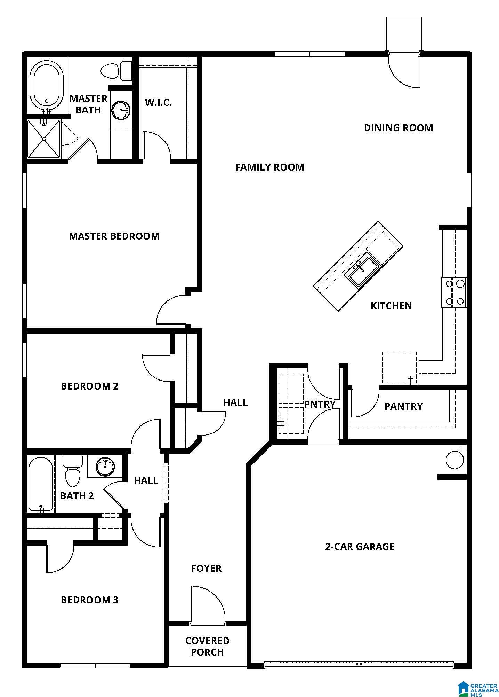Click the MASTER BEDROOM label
coord(114,236)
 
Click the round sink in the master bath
coord(121,110)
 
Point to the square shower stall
coord(44,139)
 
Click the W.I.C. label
coord(158,102)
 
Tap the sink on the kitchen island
coord(359,272)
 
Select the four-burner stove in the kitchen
coord(454,292)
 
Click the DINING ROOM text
coord(399,128)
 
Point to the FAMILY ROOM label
coord(269,167)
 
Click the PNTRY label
coord(320,404)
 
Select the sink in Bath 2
coord(105,467)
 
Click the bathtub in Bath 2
coord(41,484)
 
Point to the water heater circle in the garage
coord(455,460)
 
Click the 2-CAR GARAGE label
coord(360,547)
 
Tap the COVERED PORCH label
coord(207,646)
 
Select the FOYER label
coord(206,568)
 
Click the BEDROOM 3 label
coord(90,600)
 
